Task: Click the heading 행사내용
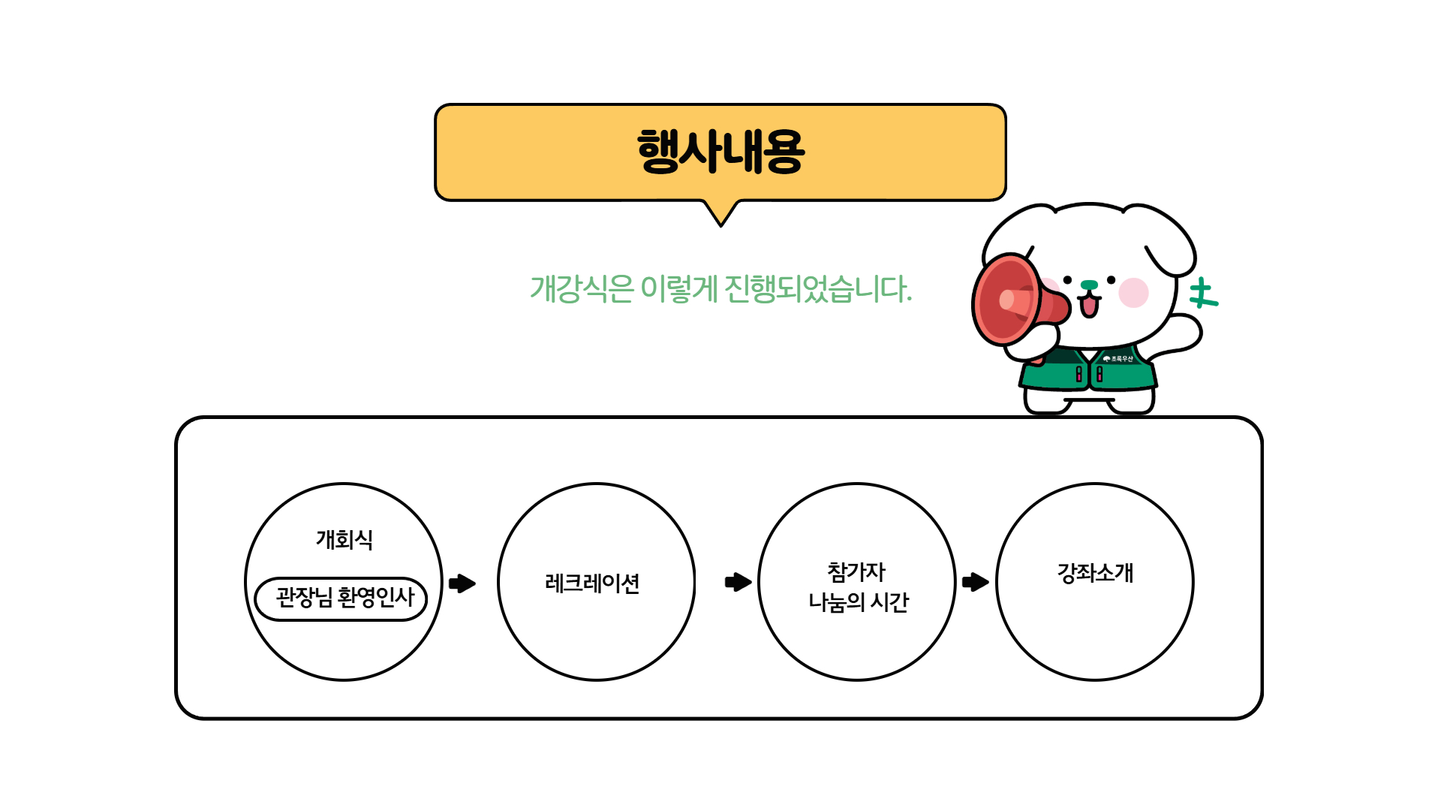(x=720, y=152)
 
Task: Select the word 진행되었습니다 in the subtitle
(x=817, y=289)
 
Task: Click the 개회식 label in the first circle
(x=344, y=539)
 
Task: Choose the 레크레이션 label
(x=592, y=583)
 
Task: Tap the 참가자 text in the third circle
(x=856, y=572)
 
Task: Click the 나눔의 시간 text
(x=858, y=602)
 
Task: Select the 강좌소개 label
(x=1095, y=573)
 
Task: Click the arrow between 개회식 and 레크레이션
(x=462, y=583)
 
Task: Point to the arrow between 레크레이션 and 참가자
(x=739, y=582)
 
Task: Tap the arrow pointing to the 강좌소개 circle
(x=975, y=582)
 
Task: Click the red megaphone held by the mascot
(x=1013, y=300)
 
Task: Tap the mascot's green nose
(x=1089, y=285)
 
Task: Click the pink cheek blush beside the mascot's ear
(x=1133, y=292)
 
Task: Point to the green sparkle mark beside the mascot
(x=1203, y=294)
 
